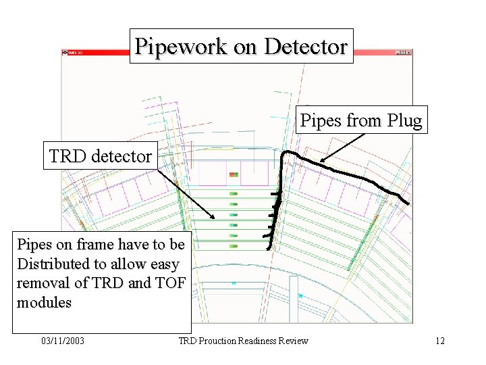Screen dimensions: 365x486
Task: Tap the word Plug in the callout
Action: (406, 121)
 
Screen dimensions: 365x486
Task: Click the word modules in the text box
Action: (44, 303)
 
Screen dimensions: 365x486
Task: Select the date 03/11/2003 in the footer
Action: (62, 341)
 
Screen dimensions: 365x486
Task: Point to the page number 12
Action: (440, 341)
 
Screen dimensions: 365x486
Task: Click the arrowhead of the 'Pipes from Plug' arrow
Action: (321, 162)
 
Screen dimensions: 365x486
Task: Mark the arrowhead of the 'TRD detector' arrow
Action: (215, 218)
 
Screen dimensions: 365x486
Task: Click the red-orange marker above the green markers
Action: (234, 174)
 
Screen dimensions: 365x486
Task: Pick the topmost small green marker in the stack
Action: (234, 193)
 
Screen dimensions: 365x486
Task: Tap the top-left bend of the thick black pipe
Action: (285, 153)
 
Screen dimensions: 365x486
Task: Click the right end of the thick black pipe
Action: (407, 202)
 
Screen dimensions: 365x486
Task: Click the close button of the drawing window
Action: (408, 52)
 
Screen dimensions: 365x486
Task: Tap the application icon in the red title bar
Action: (65, 52)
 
